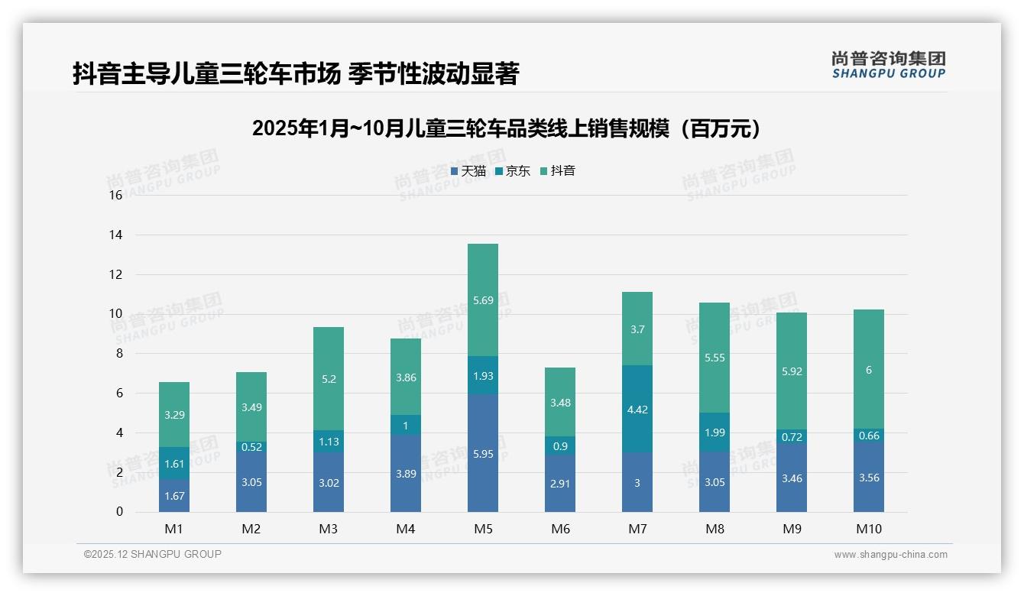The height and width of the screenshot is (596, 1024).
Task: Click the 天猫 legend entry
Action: [468, 171]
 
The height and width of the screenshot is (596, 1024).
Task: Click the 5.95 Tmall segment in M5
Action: [482, 452]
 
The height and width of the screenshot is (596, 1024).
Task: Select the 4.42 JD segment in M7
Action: [637, 409]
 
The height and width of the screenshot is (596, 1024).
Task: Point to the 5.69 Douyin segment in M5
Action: [482, 300]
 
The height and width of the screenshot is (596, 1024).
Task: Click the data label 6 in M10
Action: [868, 370]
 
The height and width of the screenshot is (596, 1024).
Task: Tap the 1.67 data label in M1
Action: [173, 496]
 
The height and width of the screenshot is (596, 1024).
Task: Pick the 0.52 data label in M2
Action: [251, 447]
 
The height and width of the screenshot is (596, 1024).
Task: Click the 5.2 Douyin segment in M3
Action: [328, 378]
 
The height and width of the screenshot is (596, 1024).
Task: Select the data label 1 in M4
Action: [405, 426]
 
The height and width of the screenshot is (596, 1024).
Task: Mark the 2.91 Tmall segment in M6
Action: [559, 484]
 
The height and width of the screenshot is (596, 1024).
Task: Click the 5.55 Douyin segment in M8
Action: [714, 358]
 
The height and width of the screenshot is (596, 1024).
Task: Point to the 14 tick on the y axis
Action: [115, 235]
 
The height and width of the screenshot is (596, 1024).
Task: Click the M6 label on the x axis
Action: [559, 529]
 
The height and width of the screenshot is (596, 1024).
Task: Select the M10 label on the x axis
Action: [868, 529]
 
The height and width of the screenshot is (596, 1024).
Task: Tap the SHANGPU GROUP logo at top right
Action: [888, 65]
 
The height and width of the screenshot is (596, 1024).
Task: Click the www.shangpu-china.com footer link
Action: [890, 555]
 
